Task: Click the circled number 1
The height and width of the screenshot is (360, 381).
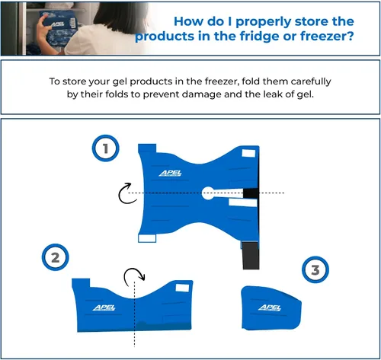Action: tap(105, 148)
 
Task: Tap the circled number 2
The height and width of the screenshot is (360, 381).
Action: tap(55, 257)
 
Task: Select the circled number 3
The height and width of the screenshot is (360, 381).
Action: tap(315, 269)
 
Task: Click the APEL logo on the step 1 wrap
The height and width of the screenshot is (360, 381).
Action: tap(171, 174)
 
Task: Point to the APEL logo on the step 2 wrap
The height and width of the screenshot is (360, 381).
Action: tap(104, 307)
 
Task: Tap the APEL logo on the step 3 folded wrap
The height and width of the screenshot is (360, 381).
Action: tap(270, 307)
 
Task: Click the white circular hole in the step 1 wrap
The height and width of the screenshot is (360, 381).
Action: tap(208, 193)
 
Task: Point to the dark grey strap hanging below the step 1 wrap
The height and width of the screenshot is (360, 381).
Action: tap(251, 256)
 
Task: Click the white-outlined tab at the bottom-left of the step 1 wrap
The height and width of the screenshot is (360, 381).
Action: tap(147, 238)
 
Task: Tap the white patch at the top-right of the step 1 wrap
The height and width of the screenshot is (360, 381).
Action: tap(248, 153)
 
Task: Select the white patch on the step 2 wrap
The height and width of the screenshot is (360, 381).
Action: tap(182, 288)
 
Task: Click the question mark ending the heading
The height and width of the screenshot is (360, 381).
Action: tap(351, 36)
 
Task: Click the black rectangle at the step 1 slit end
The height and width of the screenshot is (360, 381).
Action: tap(251, 193)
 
